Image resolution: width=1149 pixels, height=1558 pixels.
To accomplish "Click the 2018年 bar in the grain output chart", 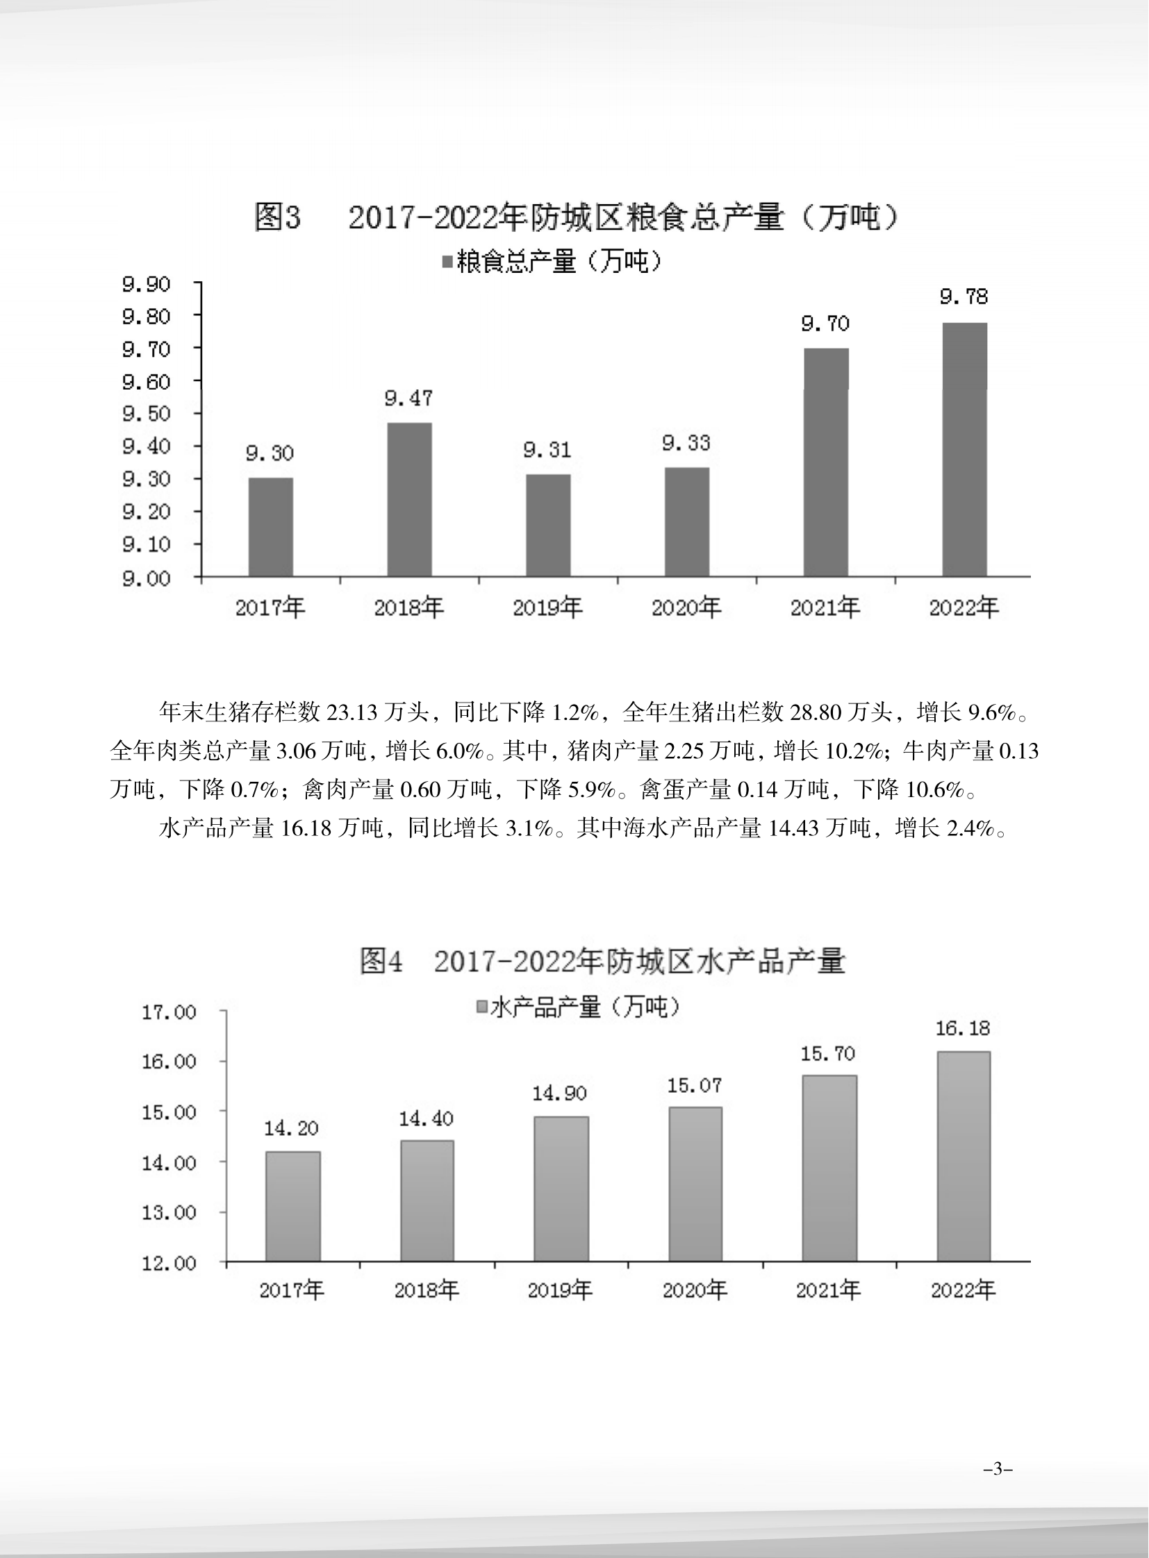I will (x=409, y=499).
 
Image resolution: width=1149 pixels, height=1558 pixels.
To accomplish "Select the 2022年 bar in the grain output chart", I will (x=964, y=449).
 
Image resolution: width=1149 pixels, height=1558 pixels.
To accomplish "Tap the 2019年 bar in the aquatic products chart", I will (x=561, y=1188).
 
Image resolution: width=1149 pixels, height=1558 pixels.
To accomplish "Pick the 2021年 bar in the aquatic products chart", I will (x=829, y=1168).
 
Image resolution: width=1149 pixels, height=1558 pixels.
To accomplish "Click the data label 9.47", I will (x=409, y=399).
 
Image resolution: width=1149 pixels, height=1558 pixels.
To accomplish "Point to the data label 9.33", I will (x=686, y=443).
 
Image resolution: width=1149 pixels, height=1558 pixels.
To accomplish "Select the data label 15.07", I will (x=694, y=1085).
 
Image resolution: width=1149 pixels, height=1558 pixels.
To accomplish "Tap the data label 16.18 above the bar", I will (x=963, y=1029).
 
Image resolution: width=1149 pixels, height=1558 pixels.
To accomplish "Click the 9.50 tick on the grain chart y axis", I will (x=146, y=414).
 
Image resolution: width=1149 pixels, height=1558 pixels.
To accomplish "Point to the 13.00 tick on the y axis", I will (x=169, y=1212).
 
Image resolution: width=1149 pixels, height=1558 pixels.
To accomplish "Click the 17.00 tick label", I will (x=169, y=1012).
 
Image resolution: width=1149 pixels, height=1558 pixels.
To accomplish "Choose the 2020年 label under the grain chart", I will (x=686, y=608).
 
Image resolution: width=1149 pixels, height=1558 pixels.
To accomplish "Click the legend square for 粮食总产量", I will (x=447, y=262).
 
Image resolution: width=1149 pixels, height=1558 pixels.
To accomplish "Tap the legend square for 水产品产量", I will (x=481, y=1007).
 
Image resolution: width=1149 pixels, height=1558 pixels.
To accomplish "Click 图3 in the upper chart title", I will (x=277, y=218).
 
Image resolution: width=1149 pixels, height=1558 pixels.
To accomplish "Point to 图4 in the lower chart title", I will (x=381, y=962).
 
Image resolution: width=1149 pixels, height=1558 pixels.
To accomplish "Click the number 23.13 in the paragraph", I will (x=352, y=712).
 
